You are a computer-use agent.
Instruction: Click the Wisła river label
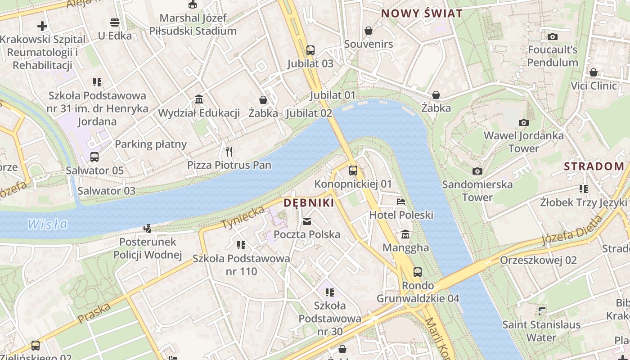tap(47, 224)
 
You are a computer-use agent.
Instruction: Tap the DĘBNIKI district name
tap(309, 203)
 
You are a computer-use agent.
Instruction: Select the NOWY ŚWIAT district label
tap(422, 13)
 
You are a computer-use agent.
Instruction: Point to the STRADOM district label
tap(594, 166)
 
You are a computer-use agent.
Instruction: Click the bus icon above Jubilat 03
tap(310, 50)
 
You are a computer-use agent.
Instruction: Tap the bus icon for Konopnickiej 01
tap(353, 171)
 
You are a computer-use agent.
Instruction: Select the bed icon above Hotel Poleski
tap(401, 202)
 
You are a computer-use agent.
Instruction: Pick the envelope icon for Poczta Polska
tap(307, 221)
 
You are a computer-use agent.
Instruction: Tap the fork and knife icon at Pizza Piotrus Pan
tap(229, 151)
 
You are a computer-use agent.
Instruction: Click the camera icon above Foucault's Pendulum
tap(553, 36)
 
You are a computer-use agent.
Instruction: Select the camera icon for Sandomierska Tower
tap(477, 171)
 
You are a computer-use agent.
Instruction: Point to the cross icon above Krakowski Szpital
tap(42, 26)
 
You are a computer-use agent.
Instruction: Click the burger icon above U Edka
tap(115, 22)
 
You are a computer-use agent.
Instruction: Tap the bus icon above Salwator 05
tap(94, 157)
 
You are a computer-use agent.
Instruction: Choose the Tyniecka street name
tap(243, 217)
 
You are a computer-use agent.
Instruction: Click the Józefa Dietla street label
tap(572, 230)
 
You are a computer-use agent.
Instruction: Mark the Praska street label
tap(94, 313)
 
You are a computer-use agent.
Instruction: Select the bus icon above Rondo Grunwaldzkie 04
tap(418, 272)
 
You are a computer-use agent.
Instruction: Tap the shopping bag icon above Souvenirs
tap(369, 31)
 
